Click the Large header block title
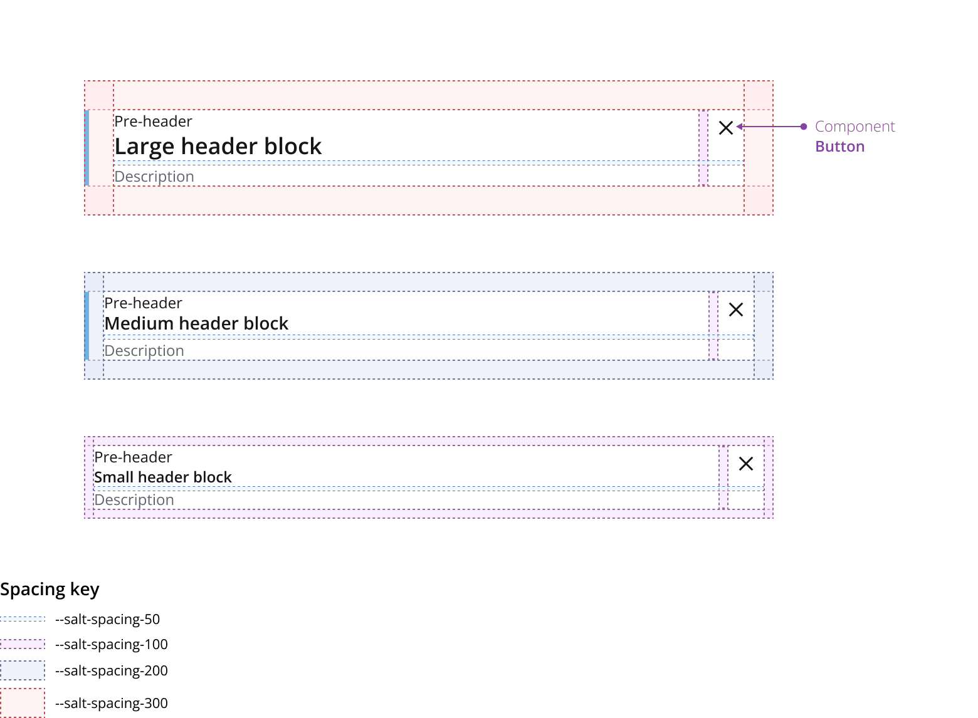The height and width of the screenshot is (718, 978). (218, 147)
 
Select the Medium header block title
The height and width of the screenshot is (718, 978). (196, 323)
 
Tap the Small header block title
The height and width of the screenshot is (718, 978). (163, 477)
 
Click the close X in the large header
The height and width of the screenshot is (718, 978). (725, 128)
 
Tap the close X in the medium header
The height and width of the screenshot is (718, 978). (735, 310)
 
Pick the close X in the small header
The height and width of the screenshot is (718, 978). (745, 464)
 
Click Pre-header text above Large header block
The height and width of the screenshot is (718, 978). (153, 121)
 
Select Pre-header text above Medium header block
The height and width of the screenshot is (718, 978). (143, 303)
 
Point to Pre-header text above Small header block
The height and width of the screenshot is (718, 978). (133, 457)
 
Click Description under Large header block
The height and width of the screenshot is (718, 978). (154, 177)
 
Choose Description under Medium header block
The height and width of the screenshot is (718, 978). (144, 351)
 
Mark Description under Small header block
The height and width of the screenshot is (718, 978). (134, 500)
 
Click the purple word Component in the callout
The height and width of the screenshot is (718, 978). (854, 127)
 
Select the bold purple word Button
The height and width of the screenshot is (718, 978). (839, 147)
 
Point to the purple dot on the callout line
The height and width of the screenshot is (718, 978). (804, 127)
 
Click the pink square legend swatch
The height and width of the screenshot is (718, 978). (23, 703)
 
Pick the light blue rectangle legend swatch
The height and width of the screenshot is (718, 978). (23, 670)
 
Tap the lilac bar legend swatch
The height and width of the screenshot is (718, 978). (23, 644)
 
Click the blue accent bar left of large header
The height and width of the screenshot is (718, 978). (87, 148)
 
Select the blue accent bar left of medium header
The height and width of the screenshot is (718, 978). (87, 326)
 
